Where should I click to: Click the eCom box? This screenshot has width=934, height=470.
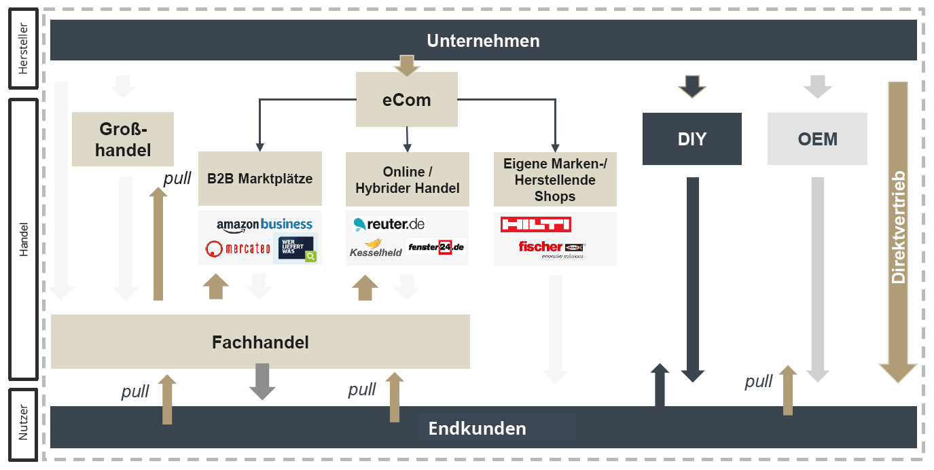406,100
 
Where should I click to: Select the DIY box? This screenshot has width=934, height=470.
691,139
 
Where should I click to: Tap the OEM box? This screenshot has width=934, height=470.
817,139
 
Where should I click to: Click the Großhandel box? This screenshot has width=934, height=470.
123,139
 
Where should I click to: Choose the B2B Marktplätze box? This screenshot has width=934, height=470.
259,179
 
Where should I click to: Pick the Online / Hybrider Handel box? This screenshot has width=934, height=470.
407,179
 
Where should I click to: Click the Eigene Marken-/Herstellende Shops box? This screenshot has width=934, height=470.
555,179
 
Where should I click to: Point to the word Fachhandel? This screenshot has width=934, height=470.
260,342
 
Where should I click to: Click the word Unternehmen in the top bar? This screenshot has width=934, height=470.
483,41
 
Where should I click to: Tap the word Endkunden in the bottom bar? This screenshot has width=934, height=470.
477,429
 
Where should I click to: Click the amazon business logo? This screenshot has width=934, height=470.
264,225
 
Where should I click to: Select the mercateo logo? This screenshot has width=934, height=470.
238,249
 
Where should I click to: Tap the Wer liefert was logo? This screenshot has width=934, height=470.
295,249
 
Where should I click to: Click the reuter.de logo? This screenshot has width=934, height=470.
389,224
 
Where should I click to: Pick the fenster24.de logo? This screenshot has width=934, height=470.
435,247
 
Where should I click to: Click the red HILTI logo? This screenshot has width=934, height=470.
535,224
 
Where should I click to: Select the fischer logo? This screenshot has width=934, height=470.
550,247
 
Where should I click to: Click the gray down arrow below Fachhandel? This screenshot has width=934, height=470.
262,381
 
